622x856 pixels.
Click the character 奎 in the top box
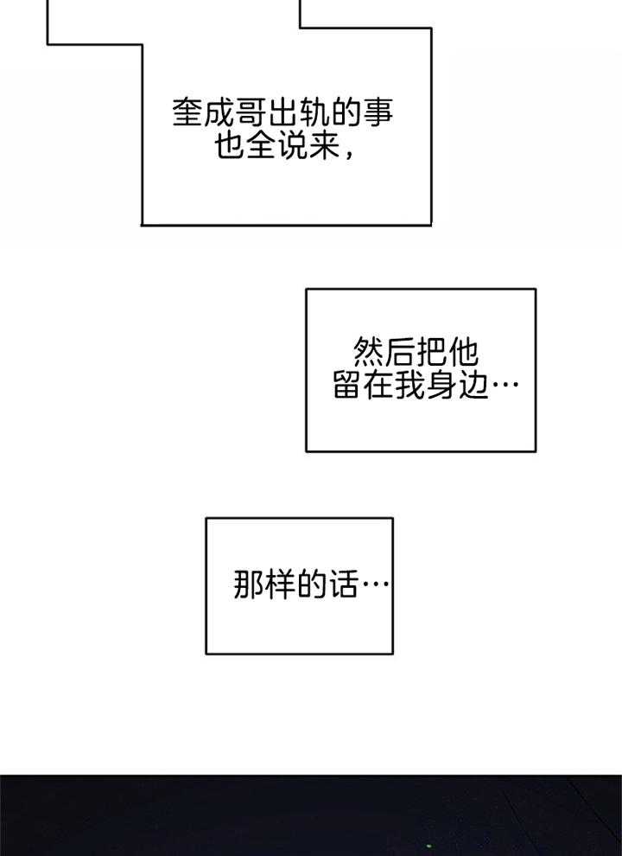[187, 114]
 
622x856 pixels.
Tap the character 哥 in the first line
[255, 114]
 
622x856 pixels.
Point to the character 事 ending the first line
[388, 114]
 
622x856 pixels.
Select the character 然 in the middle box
[371, 352]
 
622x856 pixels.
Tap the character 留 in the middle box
[348, 386]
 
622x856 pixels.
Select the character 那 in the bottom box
[249, 585]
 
